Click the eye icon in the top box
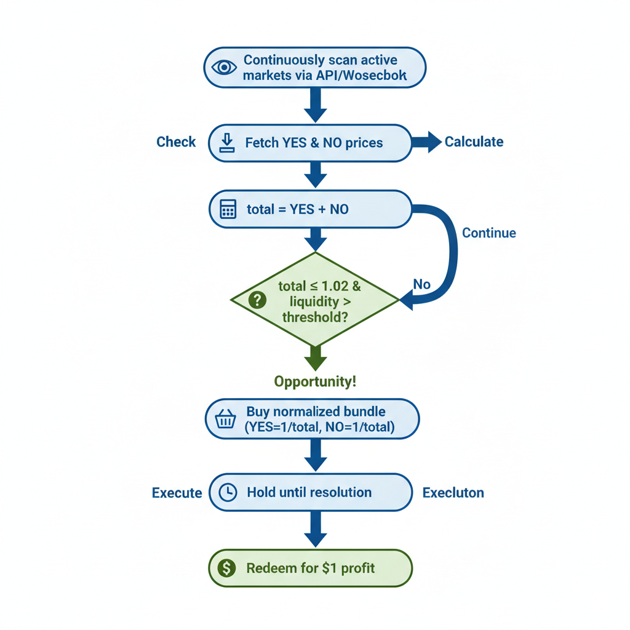click(224, 67)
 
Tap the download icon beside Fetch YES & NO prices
click(228, 143)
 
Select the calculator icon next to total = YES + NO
click(228, 209)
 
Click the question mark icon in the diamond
click(257, 300)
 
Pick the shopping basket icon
click(226, 420)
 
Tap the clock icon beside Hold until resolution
click(228, 492)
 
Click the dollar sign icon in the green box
click(227, 568)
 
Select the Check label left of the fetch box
click(176, 142)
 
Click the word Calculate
click(474, 142)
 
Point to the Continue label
click(488, 233)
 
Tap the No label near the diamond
click(421, 284)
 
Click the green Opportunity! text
click(315, 381)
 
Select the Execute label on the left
click(177, 493)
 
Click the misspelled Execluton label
click(453, 493)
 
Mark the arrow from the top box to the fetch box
click(315, 105)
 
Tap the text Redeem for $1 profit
click(310, 568)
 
